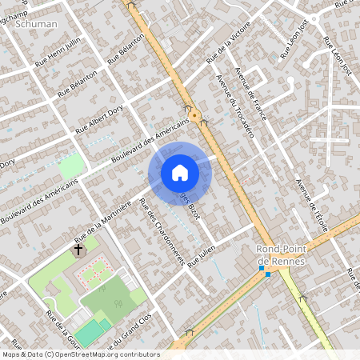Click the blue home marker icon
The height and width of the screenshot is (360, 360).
coord(180,172)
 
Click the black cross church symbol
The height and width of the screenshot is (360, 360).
coord(78,250)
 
